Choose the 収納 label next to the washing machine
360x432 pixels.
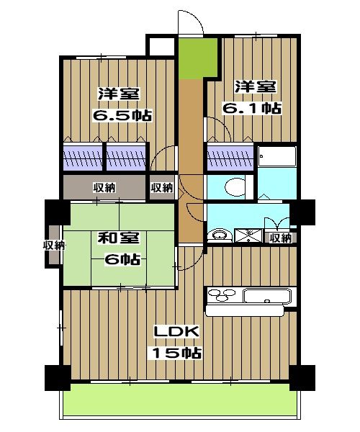coord(279,238)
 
